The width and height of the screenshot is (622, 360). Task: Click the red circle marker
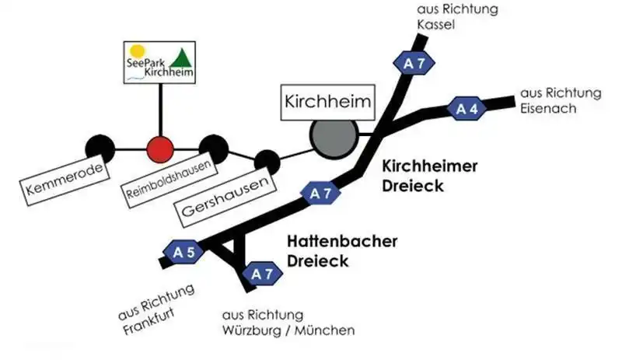(160, 147)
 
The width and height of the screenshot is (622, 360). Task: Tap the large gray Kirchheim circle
(332, 137)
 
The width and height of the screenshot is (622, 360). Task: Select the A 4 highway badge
(467, 109)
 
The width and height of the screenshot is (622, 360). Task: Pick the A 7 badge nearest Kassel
(413, 65)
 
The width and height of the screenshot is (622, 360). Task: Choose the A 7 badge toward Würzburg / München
(259, 274)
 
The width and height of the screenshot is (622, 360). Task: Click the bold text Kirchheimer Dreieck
(429, 176)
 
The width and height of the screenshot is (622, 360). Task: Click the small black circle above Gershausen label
(267, 162)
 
